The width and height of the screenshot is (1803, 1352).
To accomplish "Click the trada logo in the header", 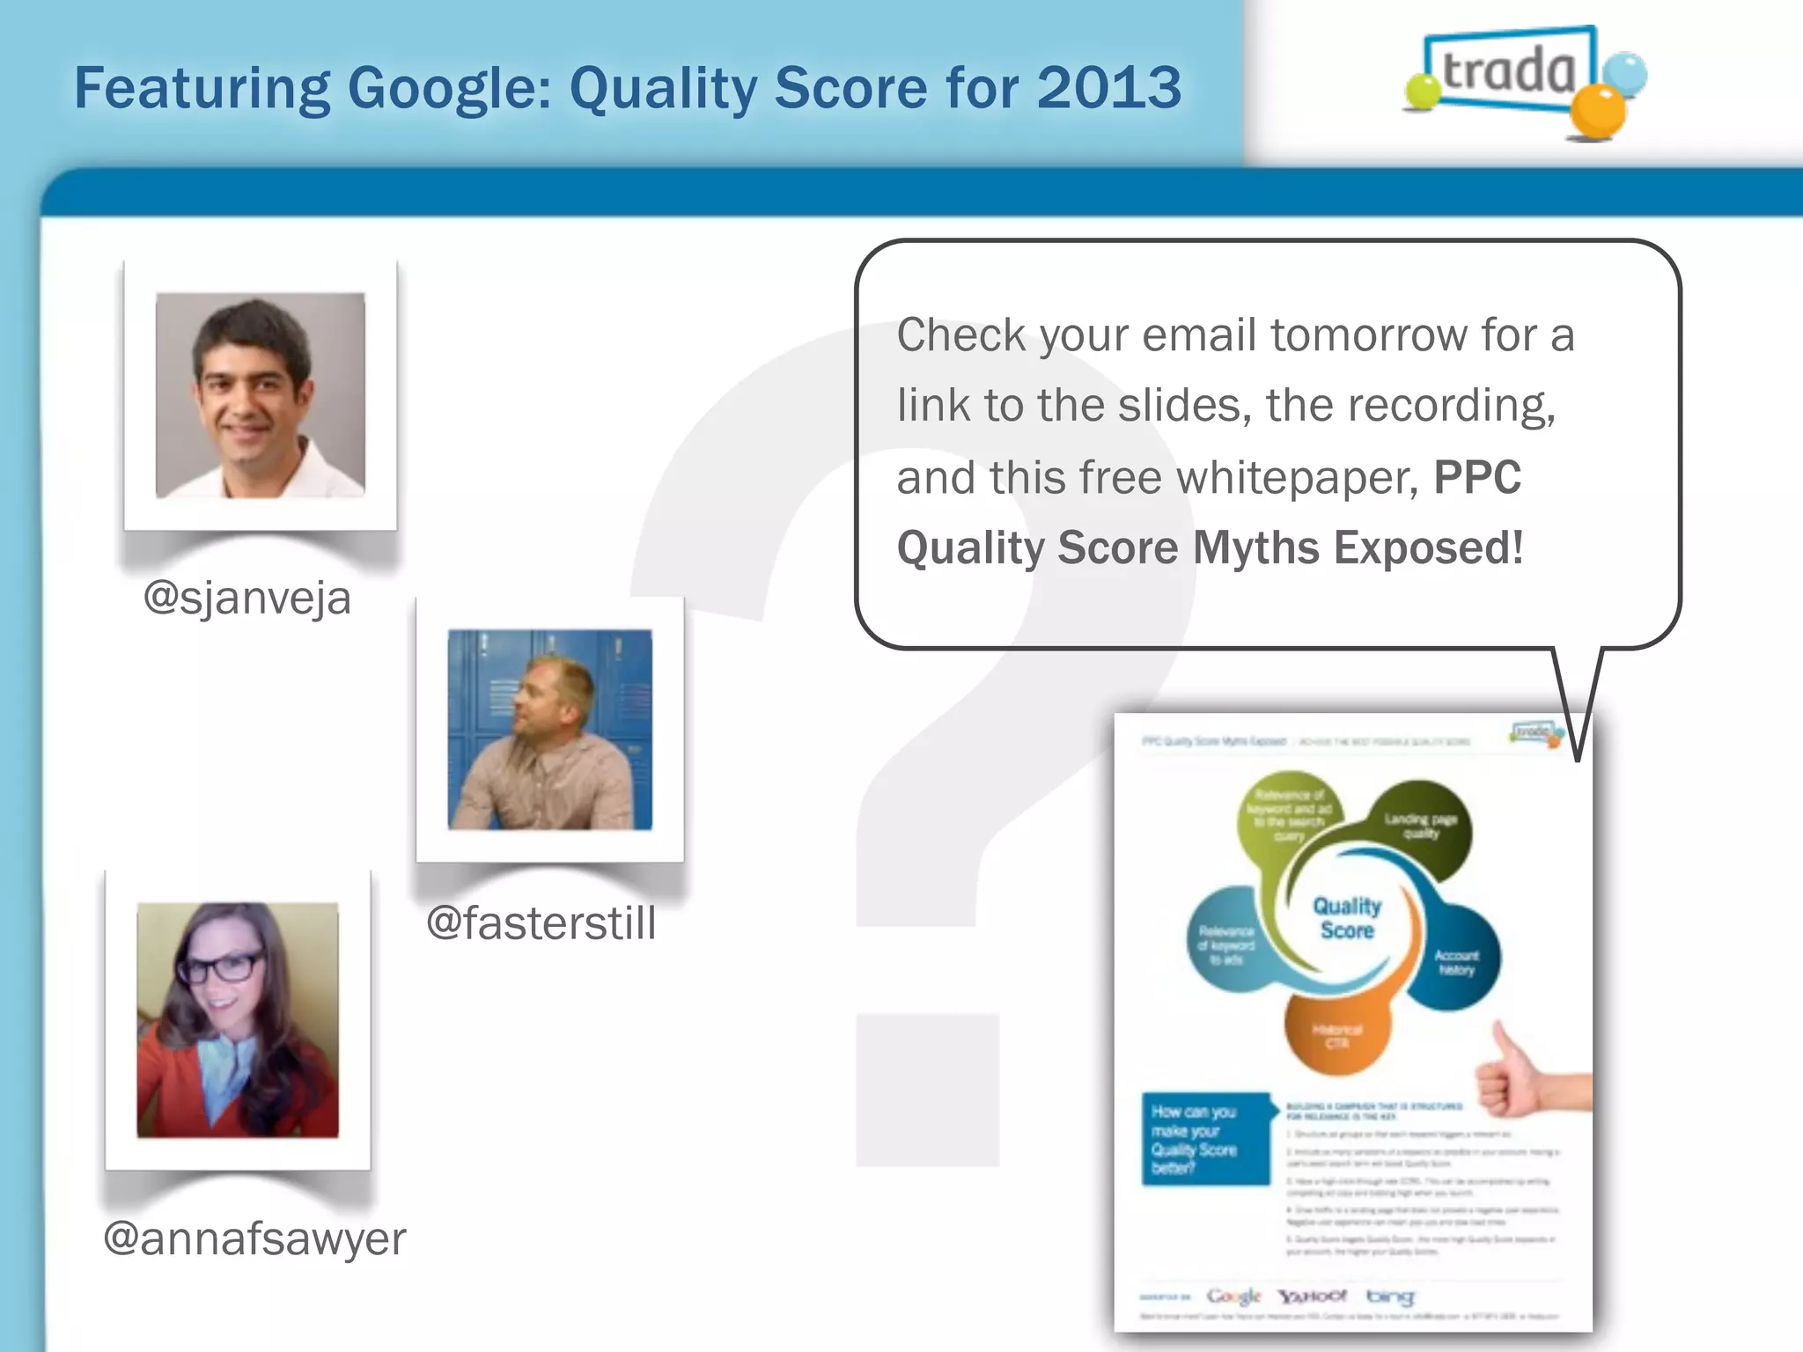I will coord(1510,72).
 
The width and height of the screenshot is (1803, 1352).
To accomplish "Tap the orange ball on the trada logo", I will coord(1597,112).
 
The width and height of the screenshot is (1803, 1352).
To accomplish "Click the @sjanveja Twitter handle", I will coord(247,599).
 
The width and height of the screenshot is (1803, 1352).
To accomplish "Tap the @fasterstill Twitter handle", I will coord(541,924).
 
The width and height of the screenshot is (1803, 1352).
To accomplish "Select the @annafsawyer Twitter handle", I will coord(254,1238).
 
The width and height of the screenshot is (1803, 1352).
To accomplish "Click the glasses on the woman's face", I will coord(221,967).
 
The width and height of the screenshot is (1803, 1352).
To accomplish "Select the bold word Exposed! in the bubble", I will coord(1428,547).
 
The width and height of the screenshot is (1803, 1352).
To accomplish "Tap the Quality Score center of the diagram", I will coord(1347,918).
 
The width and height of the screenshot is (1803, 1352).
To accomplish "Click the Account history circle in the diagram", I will coord(1456,961).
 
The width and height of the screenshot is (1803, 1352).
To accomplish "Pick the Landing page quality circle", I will coord(1420,826).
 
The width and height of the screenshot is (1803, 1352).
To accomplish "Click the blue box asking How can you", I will coord(1204,1139).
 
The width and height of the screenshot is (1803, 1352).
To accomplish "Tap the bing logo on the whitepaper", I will coord(1390,1296).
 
